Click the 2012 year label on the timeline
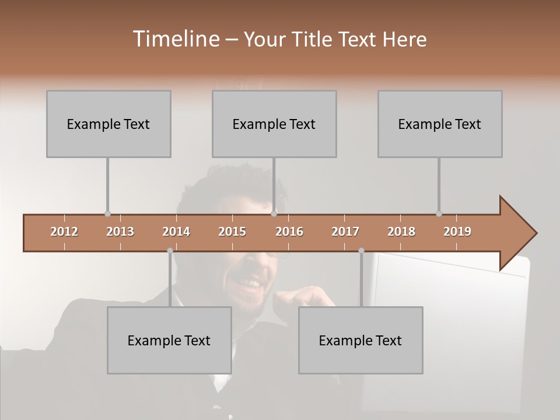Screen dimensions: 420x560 point(64,232)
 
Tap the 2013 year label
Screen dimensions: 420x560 point(120,232)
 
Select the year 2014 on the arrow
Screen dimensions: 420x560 point(176,232)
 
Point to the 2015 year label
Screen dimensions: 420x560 point(232,232)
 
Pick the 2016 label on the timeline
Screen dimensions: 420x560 point(289,232)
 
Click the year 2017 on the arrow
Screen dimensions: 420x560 point(345,232)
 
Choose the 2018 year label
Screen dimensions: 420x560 point(401,232)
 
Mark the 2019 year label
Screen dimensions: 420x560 point(457,232)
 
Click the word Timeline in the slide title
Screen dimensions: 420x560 point(174,39)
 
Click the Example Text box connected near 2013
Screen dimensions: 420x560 point(108,124)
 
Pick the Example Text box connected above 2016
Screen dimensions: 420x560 point(274,124)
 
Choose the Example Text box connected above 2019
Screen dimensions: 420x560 point(440,124)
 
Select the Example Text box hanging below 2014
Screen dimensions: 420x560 point(169,340)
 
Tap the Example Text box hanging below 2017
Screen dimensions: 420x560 point(360,340)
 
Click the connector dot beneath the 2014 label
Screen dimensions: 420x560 point(170,251)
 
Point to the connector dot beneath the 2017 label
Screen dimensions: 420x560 point(361,251)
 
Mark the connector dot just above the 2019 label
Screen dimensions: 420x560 point(439,213)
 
